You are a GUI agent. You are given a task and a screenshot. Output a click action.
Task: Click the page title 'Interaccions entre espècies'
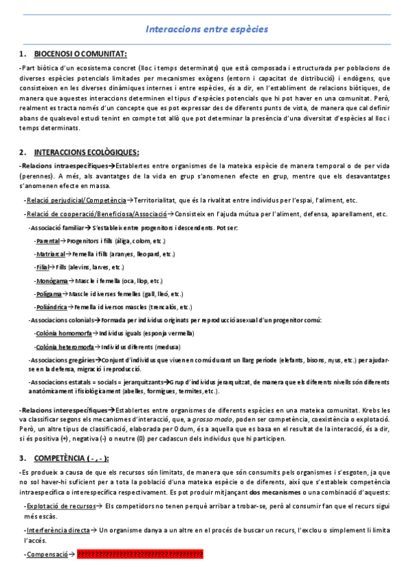tap(207, 29)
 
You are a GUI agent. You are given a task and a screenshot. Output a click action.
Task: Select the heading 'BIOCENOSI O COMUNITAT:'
tap(80, 54)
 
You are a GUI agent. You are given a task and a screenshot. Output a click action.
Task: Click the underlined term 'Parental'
tap(48, 241)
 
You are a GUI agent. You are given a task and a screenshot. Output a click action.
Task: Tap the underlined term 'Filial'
tap(45, 267)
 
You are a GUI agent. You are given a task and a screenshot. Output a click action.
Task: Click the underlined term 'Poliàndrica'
tap(53, 307)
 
